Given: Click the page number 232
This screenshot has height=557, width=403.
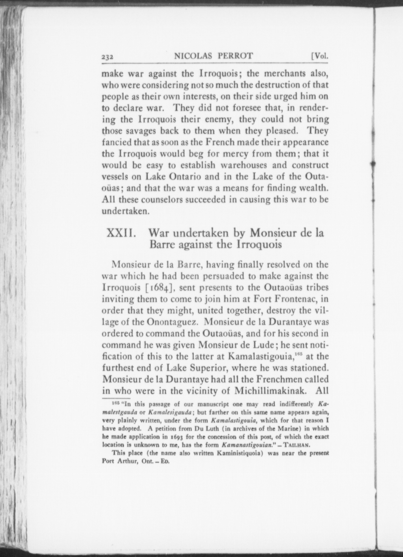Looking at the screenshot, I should (x=108, y=57).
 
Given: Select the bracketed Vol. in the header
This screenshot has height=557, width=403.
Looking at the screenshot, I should (x=320, y=56).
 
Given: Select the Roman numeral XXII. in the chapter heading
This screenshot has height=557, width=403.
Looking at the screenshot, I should (x=122, y=233).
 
